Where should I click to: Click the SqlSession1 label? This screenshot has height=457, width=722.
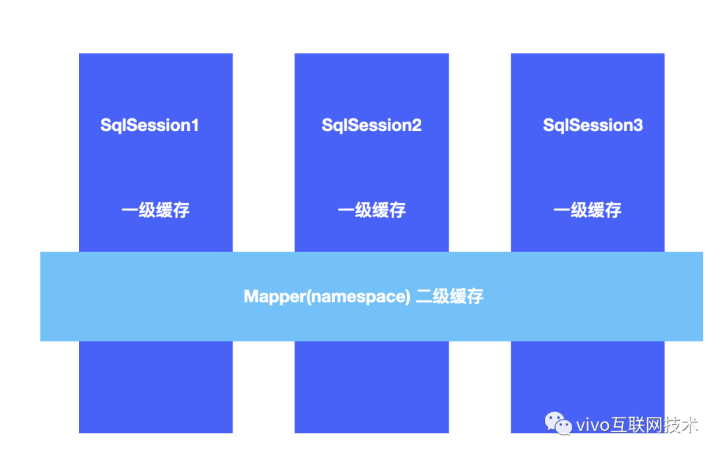[x=150, y=125]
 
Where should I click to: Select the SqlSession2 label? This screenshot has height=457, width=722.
[x=372, y=125]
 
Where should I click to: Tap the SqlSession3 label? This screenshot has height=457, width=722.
[x=592, y=125]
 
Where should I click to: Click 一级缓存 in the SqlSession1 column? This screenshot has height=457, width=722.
[x=156, y=210]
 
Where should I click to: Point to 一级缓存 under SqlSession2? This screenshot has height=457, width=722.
[x=372, y=210]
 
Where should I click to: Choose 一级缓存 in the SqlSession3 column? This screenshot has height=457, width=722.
[x=588, y=210]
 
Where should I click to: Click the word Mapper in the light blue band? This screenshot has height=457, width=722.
[x=275, y=297]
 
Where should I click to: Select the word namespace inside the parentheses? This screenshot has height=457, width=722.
[x=358, y=297]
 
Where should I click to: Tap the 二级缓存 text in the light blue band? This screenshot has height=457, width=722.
[x=449, y=297]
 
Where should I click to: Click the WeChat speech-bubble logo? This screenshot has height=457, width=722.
[x=558, y=424]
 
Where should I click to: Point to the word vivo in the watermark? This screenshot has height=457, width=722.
[x=593, y=425]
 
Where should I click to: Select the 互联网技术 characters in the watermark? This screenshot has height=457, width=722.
[x=654, y=424]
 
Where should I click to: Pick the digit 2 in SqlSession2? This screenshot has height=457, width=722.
[x=416, y=125]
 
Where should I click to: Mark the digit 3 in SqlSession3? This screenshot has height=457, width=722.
[x=638, y=125]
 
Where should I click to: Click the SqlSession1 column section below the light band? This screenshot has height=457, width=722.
[x=156, y=387]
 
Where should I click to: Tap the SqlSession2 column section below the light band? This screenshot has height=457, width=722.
[x=372, y=387]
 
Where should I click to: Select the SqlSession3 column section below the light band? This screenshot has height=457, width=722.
[x=588, y=387]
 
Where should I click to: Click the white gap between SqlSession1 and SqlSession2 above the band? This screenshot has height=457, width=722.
[x=263, y=152]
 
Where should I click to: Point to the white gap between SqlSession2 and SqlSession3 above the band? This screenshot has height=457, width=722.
[x=480, y=152]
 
